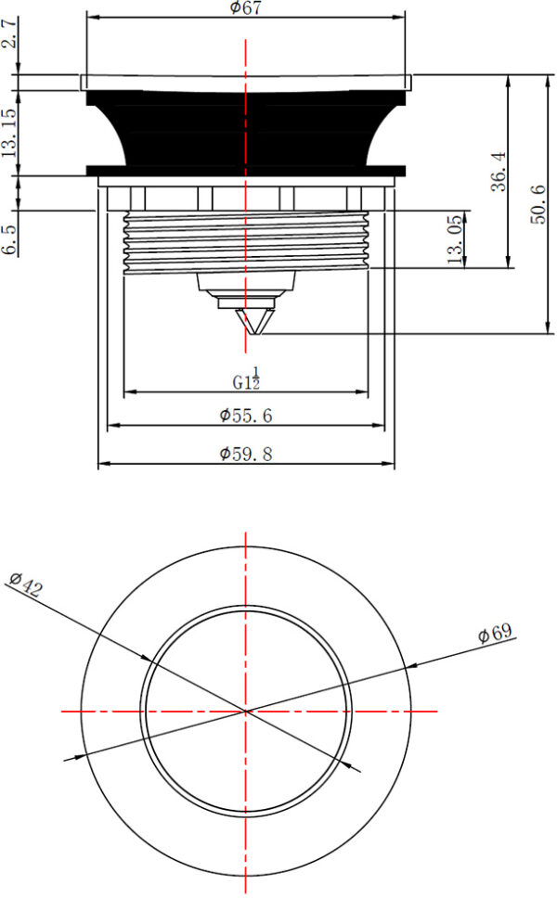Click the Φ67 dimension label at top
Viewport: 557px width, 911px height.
245,7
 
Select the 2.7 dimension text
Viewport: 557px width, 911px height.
8,33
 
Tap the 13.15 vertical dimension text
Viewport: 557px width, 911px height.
8,133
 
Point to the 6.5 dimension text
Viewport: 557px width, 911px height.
8,238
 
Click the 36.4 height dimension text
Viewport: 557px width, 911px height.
499,172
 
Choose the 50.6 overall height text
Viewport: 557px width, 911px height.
538,204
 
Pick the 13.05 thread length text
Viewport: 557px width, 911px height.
455,239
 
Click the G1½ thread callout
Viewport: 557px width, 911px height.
246,379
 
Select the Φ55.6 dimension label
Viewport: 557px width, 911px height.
245,416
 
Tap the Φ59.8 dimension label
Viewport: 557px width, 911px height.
245,454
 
